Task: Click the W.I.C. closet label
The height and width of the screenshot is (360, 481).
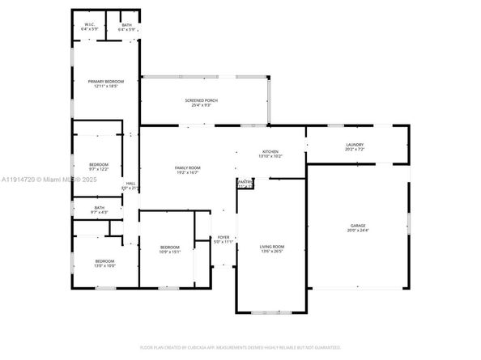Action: tap(90, 24)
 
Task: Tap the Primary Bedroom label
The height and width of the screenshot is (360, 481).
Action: tap(105, 82)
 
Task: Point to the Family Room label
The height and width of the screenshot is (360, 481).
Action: tap(188, 167)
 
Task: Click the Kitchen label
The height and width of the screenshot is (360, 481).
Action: tap(270, 152)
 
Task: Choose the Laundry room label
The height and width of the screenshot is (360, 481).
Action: tap(355, 146)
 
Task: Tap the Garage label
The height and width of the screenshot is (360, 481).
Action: tap(358, 226)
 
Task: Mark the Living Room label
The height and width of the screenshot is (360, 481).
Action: tap(271, 246)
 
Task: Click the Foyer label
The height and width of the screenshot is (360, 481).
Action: tap(223, 237)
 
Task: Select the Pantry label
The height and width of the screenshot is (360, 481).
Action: tap(245, 183)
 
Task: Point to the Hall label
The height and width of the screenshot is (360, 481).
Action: tap(130, 184)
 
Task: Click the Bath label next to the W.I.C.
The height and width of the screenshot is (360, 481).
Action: tap(126, 24)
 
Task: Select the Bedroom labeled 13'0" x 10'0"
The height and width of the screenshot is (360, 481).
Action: tap(104, 261)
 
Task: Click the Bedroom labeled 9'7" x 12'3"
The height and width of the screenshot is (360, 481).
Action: tap(98, 163)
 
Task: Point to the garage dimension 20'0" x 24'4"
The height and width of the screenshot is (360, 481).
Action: tap(358, 231)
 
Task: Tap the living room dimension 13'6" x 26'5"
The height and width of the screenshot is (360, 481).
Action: tap(271, 251)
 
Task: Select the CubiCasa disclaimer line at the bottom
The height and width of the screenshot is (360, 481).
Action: tap(240, 348)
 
